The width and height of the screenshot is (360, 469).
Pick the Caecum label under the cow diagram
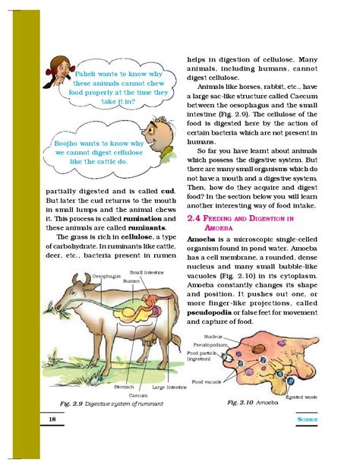pyautogui.click(x=137, y=395)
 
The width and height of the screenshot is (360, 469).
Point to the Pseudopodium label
pyautogui.click(x=216, y=344)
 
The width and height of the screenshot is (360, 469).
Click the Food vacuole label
pyautogui.click(x=207, y=381)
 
